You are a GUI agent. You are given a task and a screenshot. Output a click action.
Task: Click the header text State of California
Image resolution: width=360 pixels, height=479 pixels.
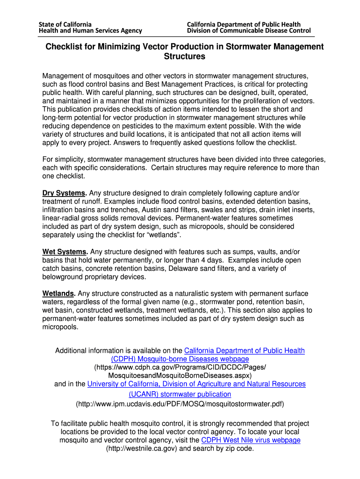[65, 24]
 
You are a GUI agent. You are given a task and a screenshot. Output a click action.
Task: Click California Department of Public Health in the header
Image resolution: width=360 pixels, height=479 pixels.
[244, 24]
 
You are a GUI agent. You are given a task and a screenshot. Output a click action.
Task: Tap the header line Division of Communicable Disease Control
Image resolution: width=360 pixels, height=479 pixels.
[249, 31]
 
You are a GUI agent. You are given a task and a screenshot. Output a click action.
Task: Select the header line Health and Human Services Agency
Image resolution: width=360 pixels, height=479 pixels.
[90, 31]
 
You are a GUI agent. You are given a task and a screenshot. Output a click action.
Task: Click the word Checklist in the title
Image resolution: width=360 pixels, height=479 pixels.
[65, 47]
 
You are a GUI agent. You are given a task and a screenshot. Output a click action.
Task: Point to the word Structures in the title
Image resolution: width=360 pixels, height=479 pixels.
[185, 57]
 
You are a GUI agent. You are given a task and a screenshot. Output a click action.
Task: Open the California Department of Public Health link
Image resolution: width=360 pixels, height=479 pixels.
[245, 350]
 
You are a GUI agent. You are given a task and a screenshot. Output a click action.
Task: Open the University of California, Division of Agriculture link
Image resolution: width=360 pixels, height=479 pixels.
[196, 384]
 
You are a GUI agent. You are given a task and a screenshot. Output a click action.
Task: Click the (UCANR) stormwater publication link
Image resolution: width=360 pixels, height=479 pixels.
[180, 394]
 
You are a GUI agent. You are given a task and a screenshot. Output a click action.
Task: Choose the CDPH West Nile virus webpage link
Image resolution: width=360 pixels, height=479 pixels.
[251, 440]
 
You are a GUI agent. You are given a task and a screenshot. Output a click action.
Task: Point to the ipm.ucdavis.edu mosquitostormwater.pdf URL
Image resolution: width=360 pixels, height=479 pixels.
[180, 404]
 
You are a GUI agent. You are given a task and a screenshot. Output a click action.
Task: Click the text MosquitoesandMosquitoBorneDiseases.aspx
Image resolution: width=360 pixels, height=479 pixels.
[180, 376]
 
